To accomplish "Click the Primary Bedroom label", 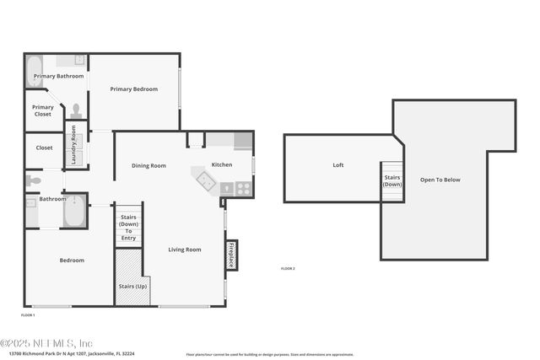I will (133, 89).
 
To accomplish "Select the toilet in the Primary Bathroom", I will (76, 110).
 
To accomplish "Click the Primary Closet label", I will (42, 110).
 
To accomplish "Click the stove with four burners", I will (243, 189).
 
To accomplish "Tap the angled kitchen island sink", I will (205, 179).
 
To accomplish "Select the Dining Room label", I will (148, 165).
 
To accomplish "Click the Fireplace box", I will (230, 255).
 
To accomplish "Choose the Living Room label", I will (184, 249).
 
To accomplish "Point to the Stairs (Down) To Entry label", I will (128, 228).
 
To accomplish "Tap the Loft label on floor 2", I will (337, 164).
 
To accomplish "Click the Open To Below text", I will (440, 179).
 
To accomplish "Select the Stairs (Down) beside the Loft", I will (392, 181).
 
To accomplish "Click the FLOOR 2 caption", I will (288, 268).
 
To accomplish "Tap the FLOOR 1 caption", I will (28, 314).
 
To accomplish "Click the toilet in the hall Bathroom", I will (33, 180).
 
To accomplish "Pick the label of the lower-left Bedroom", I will (72, 260).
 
